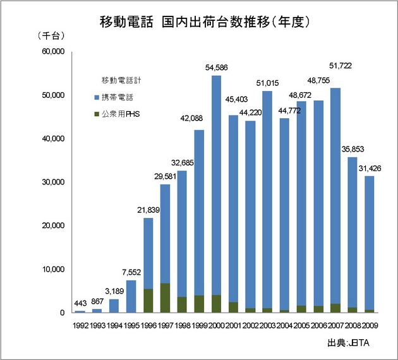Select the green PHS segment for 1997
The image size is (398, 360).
coord(165,297)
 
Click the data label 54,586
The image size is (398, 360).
coord(216,68)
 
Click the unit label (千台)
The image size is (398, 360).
coord(52,35)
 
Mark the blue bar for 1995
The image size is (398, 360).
coord(131,296)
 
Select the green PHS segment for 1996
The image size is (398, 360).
coord(148,301)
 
